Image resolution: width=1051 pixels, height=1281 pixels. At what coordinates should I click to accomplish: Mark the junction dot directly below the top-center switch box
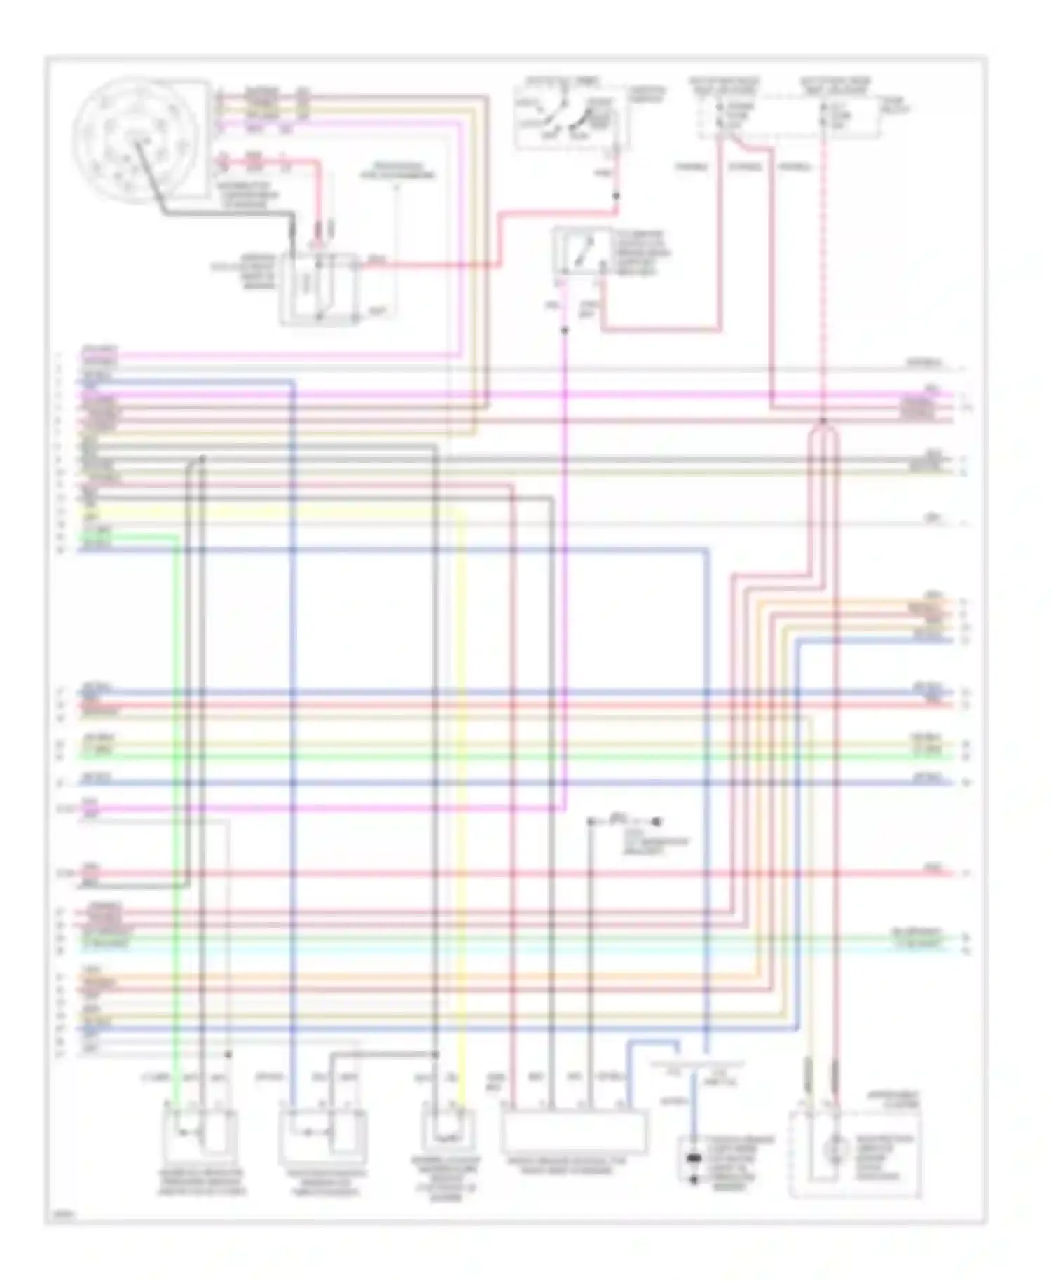click(x=616, y=197)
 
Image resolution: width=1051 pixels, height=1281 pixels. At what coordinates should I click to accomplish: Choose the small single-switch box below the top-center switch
click(x=579, y=254)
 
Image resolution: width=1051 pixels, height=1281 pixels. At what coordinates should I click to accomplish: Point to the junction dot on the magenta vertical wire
click(x=565, y=330)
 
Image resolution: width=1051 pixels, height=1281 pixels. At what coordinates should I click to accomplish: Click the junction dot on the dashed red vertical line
click(x=824, y=421)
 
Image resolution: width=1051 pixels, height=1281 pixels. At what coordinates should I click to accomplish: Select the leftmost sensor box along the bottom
click(x=200, y=1136)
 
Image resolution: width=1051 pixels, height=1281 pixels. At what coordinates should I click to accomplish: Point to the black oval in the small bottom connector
click(x=694, y=1158)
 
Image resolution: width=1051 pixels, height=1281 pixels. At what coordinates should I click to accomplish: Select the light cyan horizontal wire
click(x=490, y=950)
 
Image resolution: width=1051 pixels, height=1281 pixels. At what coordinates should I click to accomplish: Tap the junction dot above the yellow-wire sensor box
click(x=436, y=1055)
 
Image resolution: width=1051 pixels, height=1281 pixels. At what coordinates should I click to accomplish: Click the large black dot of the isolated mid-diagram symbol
click(x=657, y=821)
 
